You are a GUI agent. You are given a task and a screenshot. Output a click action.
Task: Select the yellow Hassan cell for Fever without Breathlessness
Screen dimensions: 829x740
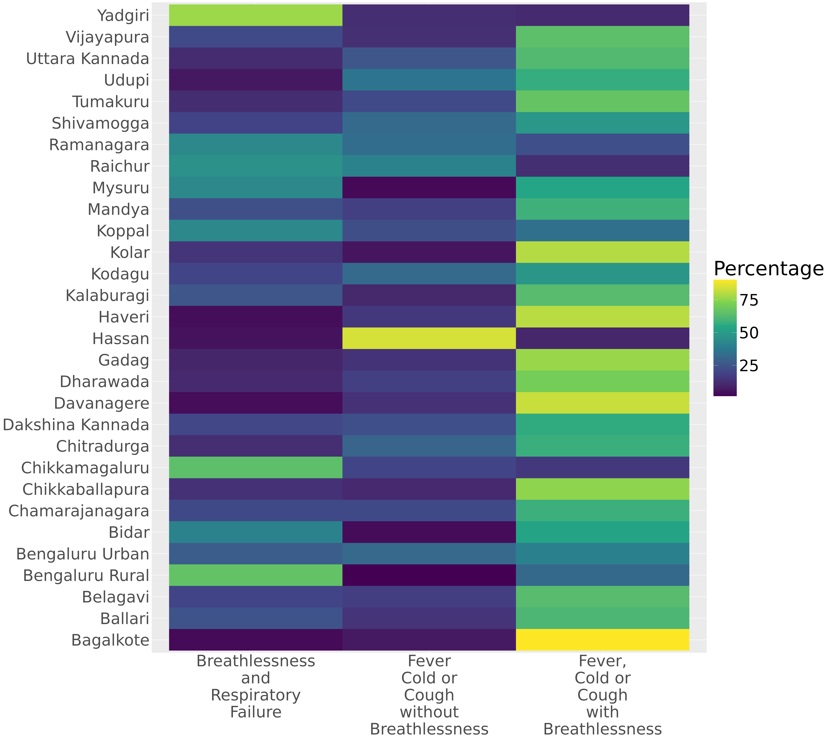429,338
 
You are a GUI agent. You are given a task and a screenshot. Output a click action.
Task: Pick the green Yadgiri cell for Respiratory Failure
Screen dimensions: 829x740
255,15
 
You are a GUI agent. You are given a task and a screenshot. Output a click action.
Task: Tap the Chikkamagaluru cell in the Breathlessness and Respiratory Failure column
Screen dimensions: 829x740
255,468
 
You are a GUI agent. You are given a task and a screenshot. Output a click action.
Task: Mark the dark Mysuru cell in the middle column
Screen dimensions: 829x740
429,187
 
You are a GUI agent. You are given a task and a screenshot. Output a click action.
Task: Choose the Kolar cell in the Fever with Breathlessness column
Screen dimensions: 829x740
602,252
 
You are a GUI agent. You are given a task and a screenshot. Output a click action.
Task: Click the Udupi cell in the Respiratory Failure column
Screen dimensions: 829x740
255,80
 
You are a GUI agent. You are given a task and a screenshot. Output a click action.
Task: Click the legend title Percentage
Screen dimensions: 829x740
769,269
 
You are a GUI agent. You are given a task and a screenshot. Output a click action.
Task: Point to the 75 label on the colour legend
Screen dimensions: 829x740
749,300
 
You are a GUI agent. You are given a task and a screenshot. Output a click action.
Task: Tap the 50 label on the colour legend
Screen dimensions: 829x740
749,333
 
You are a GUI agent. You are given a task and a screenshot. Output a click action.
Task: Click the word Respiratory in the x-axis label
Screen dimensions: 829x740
255,696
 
